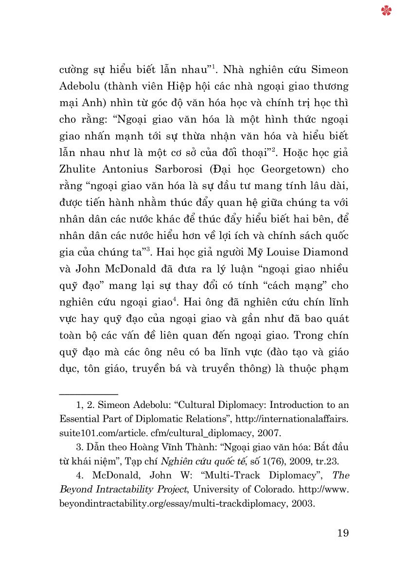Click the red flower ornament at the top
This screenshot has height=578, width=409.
[387, 10]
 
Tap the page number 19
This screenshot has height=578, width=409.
[342, 533]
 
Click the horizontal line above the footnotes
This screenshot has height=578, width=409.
[89, 394]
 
